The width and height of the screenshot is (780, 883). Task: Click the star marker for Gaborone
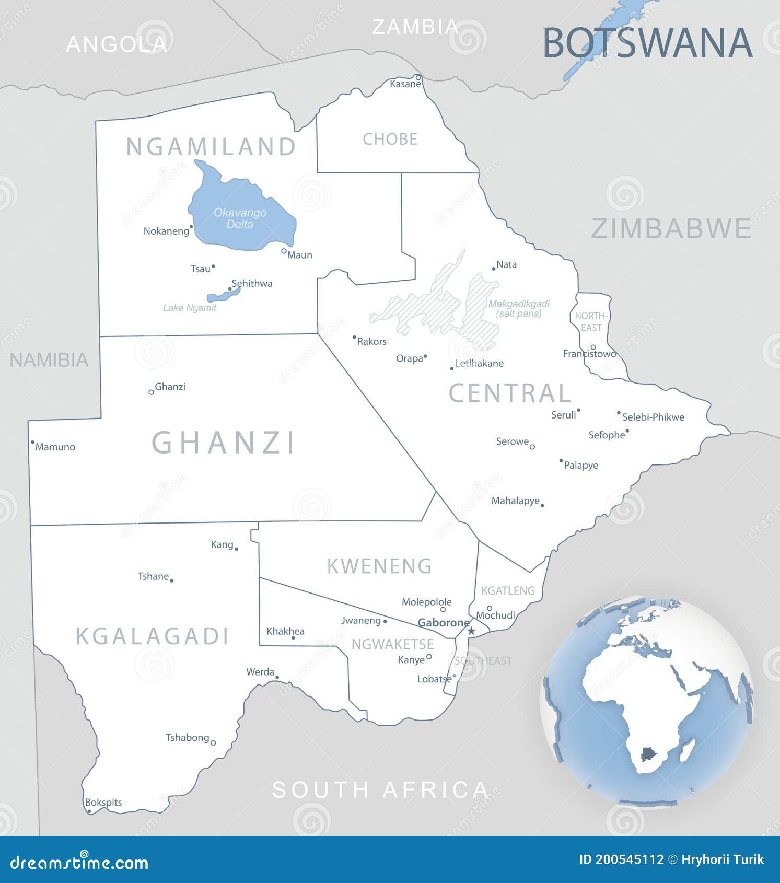[471, 631]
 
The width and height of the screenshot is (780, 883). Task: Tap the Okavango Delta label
[240, 218]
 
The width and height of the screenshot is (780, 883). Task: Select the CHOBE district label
[390, 139]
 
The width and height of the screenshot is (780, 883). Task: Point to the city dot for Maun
[284, 251]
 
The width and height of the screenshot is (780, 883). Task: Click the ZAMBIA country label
[415, 27]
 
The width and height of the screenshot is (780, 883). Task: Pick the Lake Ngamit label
[189, 308]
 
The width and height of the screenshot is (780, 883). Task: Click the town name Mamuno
[55, 447]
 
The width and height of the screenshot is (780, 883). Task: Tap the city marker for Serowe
[532, 447]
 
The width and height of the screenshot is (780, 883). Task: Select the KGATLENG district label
[508, 590]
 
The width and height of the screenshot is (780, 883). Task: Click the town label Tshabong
[188, 737]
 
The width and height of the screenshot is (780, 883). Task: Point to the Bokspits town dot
[89, 811]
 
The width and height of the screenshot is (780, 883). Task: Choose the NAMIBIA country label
[49, 360]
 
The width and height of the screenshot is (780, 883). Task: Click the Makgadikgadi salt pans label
[518, 308]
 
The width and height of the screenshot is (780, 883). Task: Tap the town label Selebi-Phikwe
[653, 417]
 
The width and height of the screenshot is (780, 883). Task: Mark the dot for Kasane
[418, 77]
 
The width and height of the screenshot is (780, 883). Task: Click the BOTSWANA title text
[648, 42]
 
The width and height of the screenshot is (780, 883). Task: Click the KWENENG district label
[379, 566]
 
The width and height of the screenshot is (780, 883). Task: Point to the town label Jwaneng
[361, 620]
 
